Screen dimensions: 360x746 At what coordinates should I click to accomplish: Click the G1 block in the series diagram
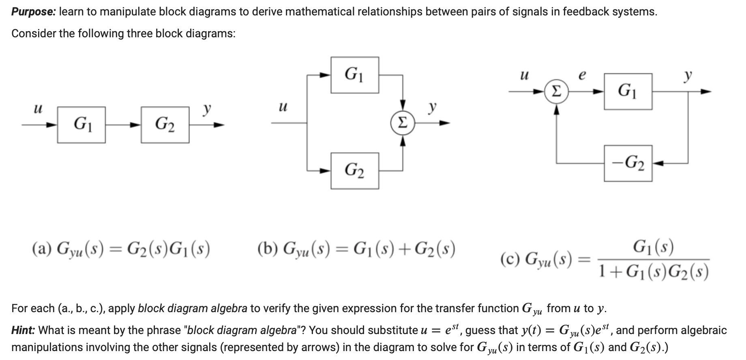point(81,125)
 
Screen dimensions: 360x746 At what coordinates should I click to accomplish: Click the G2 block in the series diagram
point(165,125)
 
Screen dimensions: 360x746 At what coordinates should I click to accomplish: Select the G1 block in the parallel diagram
point(355,75)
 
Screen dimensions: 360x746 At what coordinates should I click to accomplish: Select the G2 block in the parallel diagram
point(355,171)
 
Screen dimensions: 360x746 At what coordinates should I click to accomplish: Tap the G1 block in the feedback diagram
point(628,92)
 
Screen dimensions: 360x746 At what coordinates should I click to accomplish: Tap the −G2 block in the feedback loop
point(628,163)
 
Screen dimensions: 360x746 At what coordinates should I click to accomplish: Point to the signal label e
point(582,76)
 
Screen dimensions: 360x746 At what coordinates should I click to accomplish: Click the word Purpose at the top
point(33,12)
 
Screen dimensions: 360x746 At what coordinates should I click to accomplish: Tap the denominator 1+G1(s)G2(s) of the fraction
point(654,272)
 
